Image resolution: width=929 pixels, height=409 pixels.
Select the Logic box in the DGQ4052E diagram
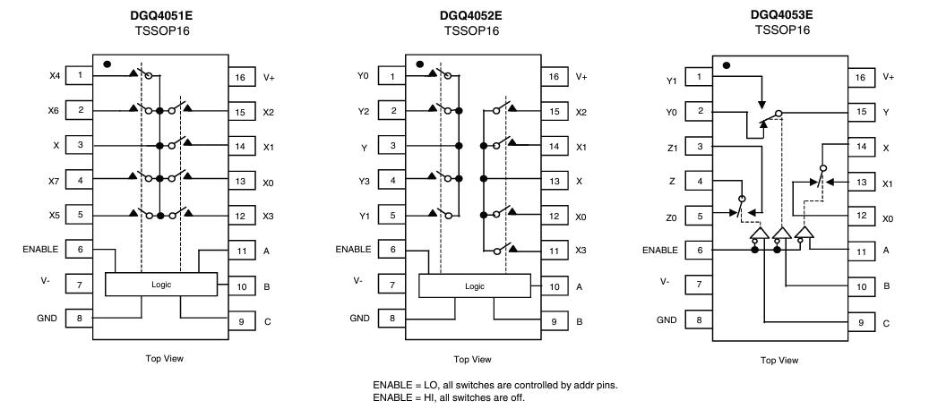pyautogui.click(x=475, y=285)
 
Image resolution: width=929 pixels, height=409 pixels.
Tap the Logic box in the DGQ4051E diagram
pyautogui.click(x=161, y=284)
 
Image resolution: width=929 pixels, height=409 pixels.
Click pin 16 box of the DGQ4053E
pyautogui.click(x=861, y=78)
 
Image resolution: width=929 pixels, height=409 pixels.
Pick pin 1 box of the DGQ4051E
pyautogui.click(x=81, y=76)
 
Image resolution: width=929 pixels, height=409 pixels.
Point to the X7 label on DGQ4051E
pyautogui.click(x=54, y=181)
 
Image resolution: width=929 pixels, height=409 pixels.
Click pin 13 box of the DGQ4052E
pyautogui.click(x=554, y=181)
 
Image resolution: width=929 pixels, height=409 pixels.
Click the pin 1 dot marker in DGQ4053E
pyautogui.click(x=726, y=65)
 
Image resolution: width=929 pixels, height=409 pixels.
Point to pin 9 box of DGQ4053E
pyautogui.click(x=861, y=321)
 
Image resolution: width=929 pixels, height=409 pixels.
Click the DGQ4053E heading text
pyautogui.click(x=783, y=15)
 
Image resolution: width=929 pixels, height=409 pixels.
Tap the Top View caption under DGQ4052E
pyautogui.click(x=471, y=360)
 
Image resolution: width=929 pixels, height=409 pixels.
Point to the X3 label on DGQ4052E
pyautogui.click(x=581, y=251)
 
